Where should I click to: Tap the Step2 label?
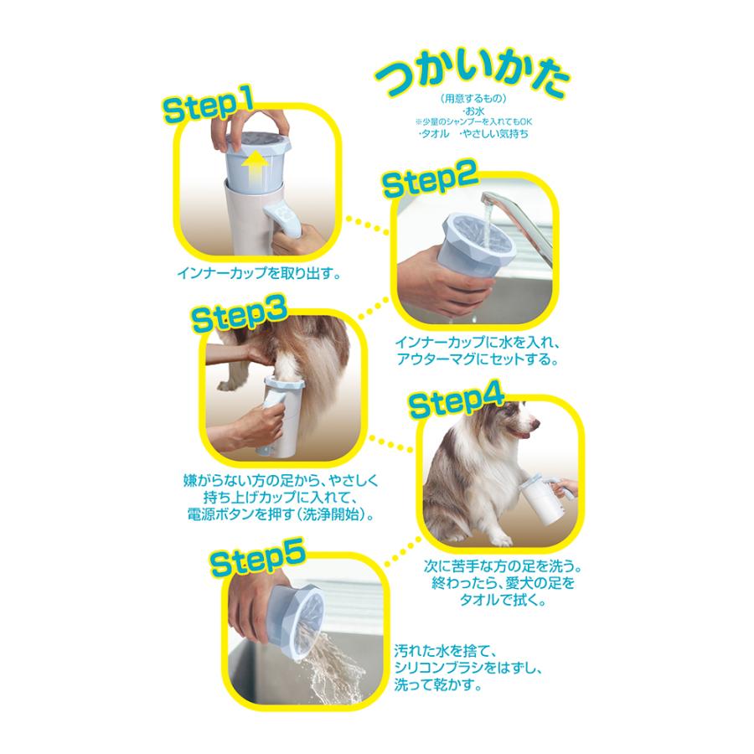429,180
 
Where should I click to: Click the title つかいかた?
473,81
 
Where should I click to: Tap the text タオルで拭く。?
492,600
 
